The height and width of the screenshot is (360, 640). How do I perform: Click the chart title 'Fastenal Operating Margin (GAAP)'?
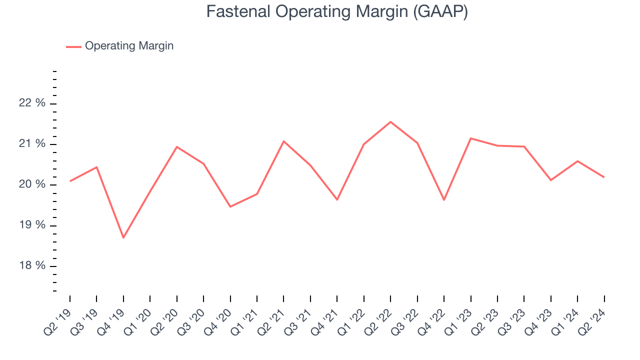tap(337, 12)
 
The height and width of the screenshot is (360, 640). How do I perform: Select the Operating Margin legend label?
tap(129, 46)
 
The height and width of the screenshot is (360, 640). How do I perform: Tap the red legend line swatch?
tap(73, 46)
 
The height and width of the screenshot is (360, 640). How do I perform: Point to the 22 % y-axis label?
tap(32, 103)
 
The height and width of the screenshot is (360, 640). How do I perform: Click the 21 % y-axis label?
tap(32, 144)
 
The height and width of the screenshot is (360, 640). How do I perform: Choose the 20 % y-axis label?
tap(32, 184)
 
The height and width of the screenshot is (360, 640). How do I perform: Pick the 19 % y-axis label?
tap(32, 225)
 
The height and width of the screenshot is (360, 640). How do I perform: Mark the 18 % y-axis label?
tap(32, 265)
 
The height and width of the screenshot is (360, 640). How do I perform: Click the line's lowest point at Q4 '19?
tap(123, 237)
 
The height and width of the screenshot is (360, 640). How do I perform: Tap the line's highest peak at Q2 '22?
tap(390, 122)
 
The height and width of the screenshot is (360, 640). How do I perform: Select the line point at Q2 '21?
tap(284, 141)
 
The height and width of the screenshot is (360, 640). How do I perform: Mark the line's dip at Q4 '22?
tap(444, 200)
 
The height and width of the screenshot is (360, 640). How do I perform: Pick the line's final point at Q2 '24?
tap(604, 177)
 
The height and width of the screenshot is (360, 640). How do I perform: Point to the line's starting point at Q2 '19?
tap(70, 181)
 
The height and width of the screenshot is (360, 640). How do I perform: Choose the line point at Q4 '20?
tap(230, 206)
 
